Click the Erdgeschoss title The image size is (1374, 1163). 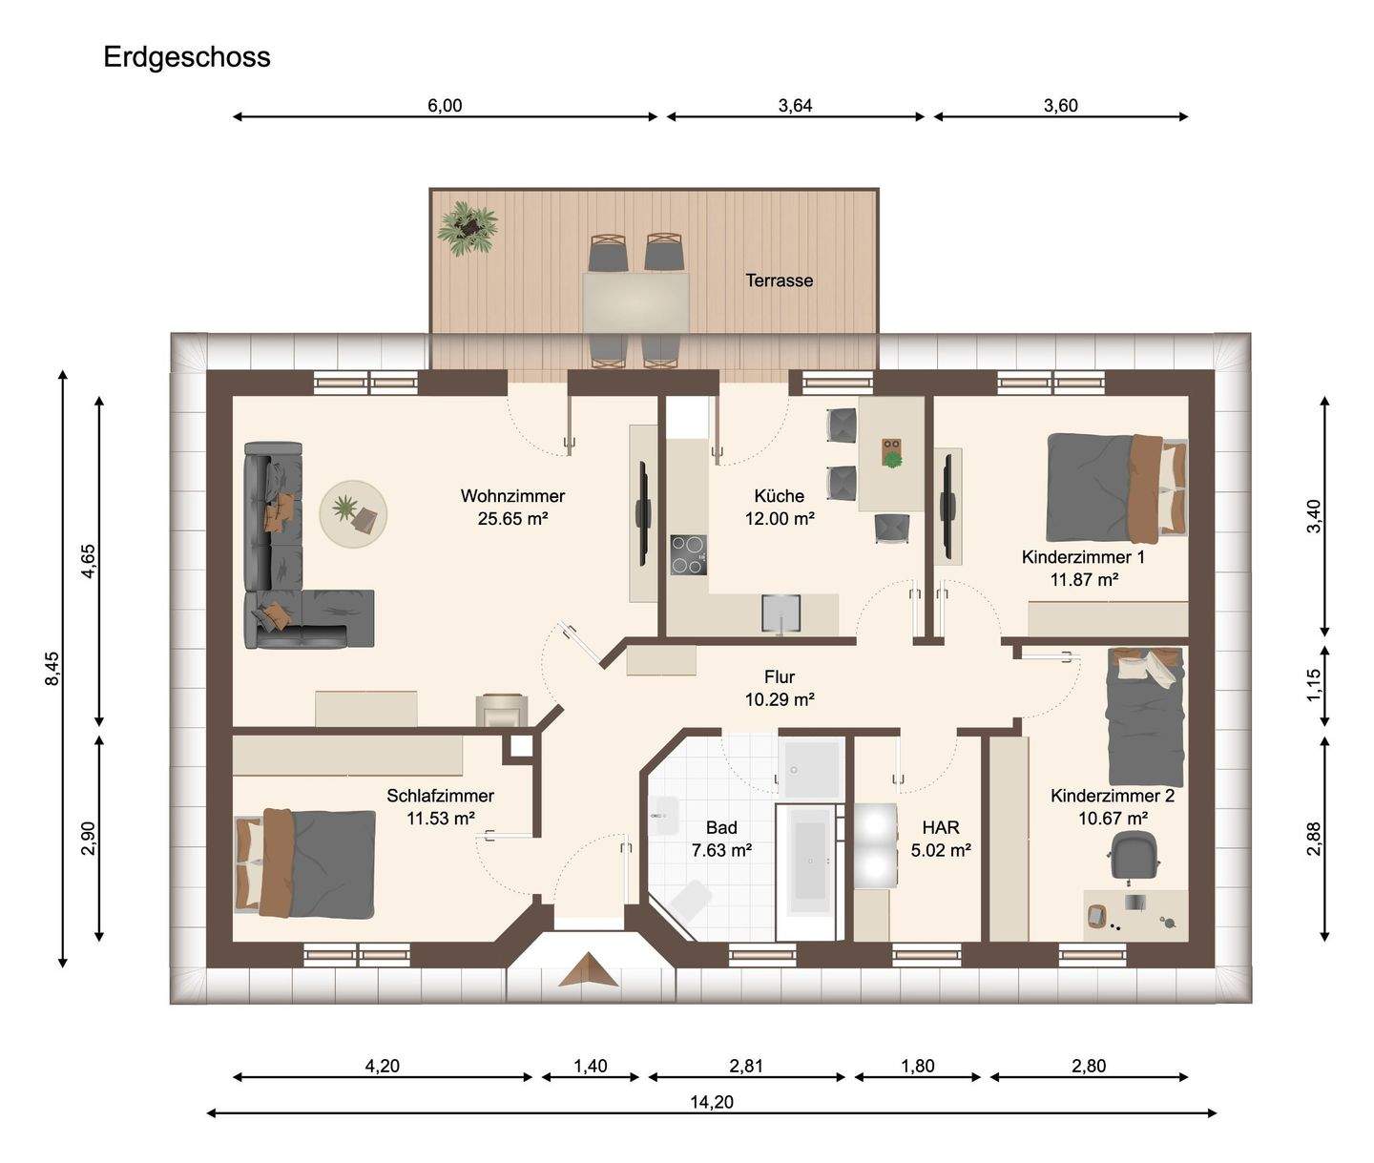pyautogui.click(x=187, y=58)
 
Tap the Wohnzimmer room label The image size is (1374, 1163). pyautogui.click(x=512, y=496)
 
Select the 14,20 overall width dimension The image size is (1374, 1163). pyautogui.click(x=711, y=1102)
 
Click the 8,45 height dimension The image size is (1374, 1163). pyautogui.click(x=52, y=668)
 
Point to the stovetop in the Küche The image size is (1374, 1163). pyautogui.click(x=688, y=554)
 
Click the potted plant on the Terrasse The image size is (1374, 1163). pyautogui.click(x=468, y=229)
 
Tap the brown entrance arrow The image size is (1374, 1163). pyautogui.click(x=589, y=969)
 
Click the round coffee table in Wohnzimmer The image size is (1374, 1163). pyautogui.click(x=353, y=514)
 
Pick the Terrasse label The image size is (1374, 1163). pyautogui.click(x=779, y=280)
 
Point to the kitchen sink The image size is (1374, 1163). pyautogui.click(x=781, y=613)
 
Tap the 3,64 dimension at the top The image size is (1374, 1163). pyautogui.click(x=795, y=106)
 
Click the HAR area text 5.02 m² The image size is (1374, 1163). pyautogui.click(x=941, y=850)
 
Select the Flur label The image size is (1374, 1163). pyautogui.click(x=780, y=677)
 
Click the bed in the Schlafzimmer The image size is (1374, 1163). pyautogui.click(x=305, y=863)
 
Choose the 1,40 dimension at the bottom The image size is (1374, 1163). pyautogui.click(x=591, y=1066)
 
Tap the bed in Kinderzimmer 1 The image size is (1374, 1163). pyautogui.click(x=1116, y=488)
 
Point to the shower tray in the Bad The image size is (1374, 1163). pyautogui.click(x=811, y=769)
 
